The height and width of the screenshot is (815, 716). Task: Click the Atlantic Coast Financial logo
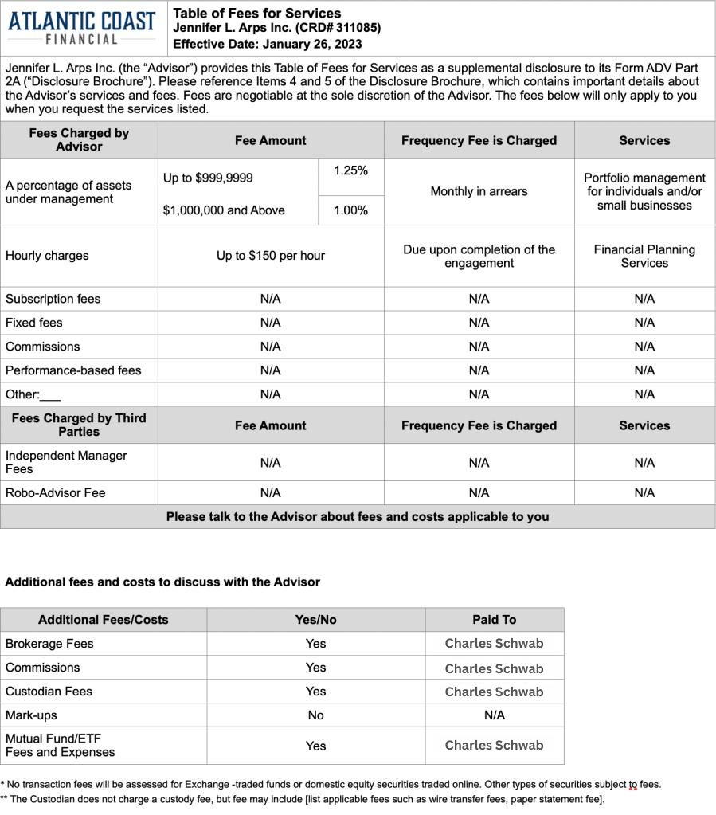[83, 27]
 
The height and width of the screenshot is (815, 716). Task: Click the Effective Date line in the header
[267, 44]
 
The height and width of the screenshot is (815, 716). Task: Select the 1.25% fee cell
[350, 170]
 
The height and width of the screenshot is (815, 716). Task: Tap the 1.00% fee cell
[350, 210]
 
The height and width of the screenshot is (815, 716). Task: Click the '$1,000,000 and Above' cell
[224, 210]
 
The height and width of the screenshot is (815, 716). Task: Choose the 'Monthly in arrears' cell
[479, 191]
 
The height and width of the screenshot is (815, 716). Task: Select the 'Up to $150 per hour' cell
[271, 256]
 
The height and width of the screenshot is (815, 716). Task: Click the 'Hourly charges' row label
[47, 256]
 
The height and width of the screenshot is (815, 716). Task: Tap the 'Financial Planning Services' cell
[644, 256]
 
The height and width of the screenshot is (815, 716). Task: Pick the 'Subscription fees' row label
[53, 299]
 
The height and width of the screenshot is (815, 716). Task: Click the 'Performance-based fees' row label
[73, 370]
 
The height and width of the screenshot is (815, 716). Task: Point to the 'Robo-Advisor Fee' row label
[56, 492]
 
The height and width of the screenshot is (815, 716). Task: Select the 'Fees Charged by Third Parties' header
[79, 425]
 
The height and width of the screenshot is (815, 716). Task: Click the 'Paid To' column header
[494, 619]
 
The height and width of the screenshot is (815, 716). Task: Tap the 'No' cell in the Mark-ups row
[316, 715]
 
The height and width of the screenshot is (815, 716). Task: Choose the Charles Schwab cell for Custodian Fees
[494, 692]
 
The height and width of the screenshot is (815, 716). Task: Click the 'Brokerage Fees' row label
[49, 644]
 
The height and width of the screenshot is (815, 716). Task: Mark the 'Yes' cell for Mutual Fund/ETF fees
[316, 746]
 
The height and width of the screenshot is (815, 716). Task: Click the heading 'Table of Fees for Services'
[256, 13]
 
